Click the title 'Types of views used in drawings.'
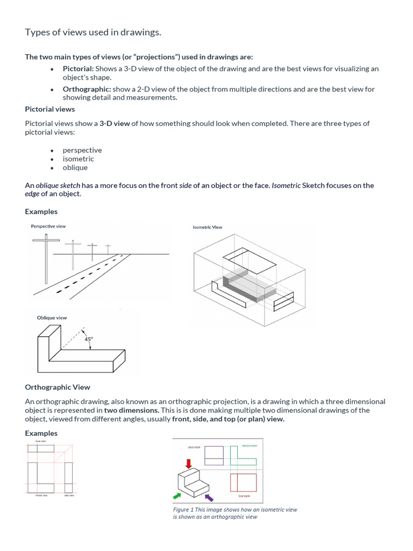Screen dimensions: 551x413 point(93,33)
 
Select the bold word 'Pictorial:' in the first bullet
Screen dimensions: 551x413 point(78,69)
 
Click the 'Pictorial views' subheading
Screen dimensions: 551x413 point(50,109)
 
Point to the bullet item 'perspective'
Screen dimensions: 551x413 point(82,150)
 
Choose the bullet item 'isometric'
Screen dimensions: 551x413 point(78,159)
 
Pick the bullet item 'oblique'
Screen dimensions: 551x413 point(75,167)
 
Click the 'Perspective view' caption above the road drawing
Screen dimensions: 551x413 point(48,227)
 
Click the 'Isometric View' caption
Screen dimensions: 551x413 point(207,228)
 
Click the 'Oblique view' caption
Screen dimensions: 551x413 point(52,318)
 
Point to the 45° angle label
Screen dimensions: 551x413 point(88,339)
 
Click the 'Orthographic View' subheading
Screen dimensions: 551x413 point(58,387)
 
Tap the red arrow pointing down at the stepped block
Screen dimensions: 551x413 point(188,463)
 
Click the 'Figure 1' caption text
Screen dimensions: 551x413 point(235,513)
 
